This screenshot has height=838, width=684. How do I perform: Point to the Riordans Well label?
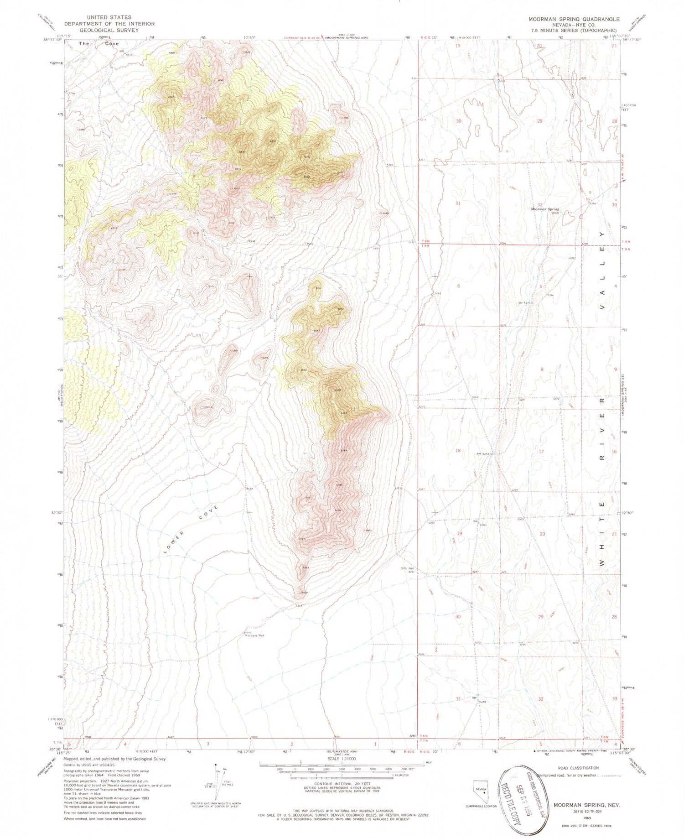click(255, 635)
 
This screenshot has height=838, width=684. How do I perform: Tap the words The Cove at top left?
click(99, 44)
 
